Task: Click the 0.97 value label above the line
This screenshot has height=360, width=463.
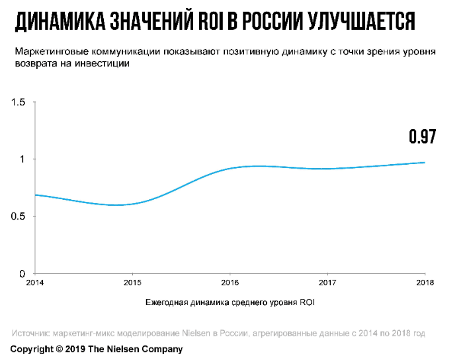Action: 422,136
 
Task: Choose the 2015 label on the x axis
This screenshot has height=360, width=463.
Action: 132,283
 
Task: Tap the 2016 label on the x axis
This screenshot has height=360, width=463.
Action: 230,283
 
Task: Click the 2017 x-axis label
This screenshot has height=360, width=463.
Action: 327,283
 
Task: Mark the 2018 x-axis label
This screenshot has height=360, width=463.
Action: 424,283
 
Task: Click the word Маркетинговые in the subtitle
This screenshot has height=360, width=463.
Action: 46,52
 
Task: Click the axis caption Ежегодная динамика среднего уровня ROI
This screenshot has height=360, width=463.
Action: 230,304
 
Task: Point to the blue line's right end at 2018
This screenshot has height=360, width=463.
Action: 424,163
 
